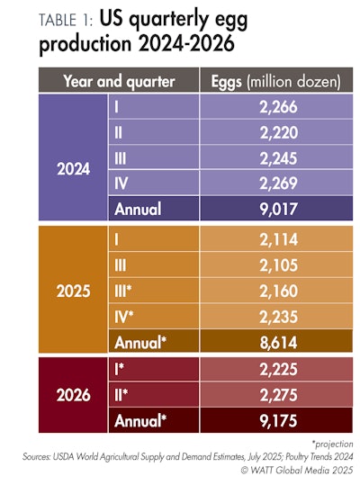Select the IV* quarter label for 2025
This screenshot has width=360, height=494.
(125, 317)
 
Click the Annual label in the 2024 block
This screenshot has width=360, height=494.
(138, 210)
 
